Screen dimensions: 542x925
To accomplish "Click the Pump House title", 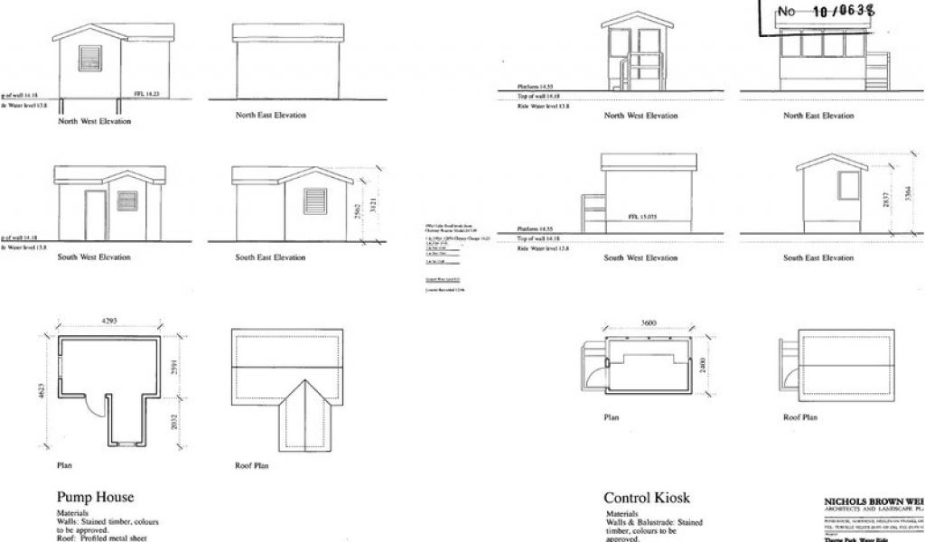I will click(x=96, y=497).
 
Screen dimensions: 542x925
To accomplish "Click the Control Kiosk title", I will click(x=647, y=498).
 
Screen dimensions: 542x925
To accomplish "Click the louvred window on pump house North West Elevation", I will click(x=92, y=59).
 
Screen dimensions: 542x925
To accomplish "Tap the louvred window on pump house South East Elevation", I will click(x=314, y=201).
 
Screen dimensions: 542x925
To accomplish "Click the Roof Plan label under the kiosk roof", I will click(x=800, y=418).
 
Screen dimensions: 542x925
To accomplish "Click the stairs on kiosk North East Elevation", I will click(x=877, y=72).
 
